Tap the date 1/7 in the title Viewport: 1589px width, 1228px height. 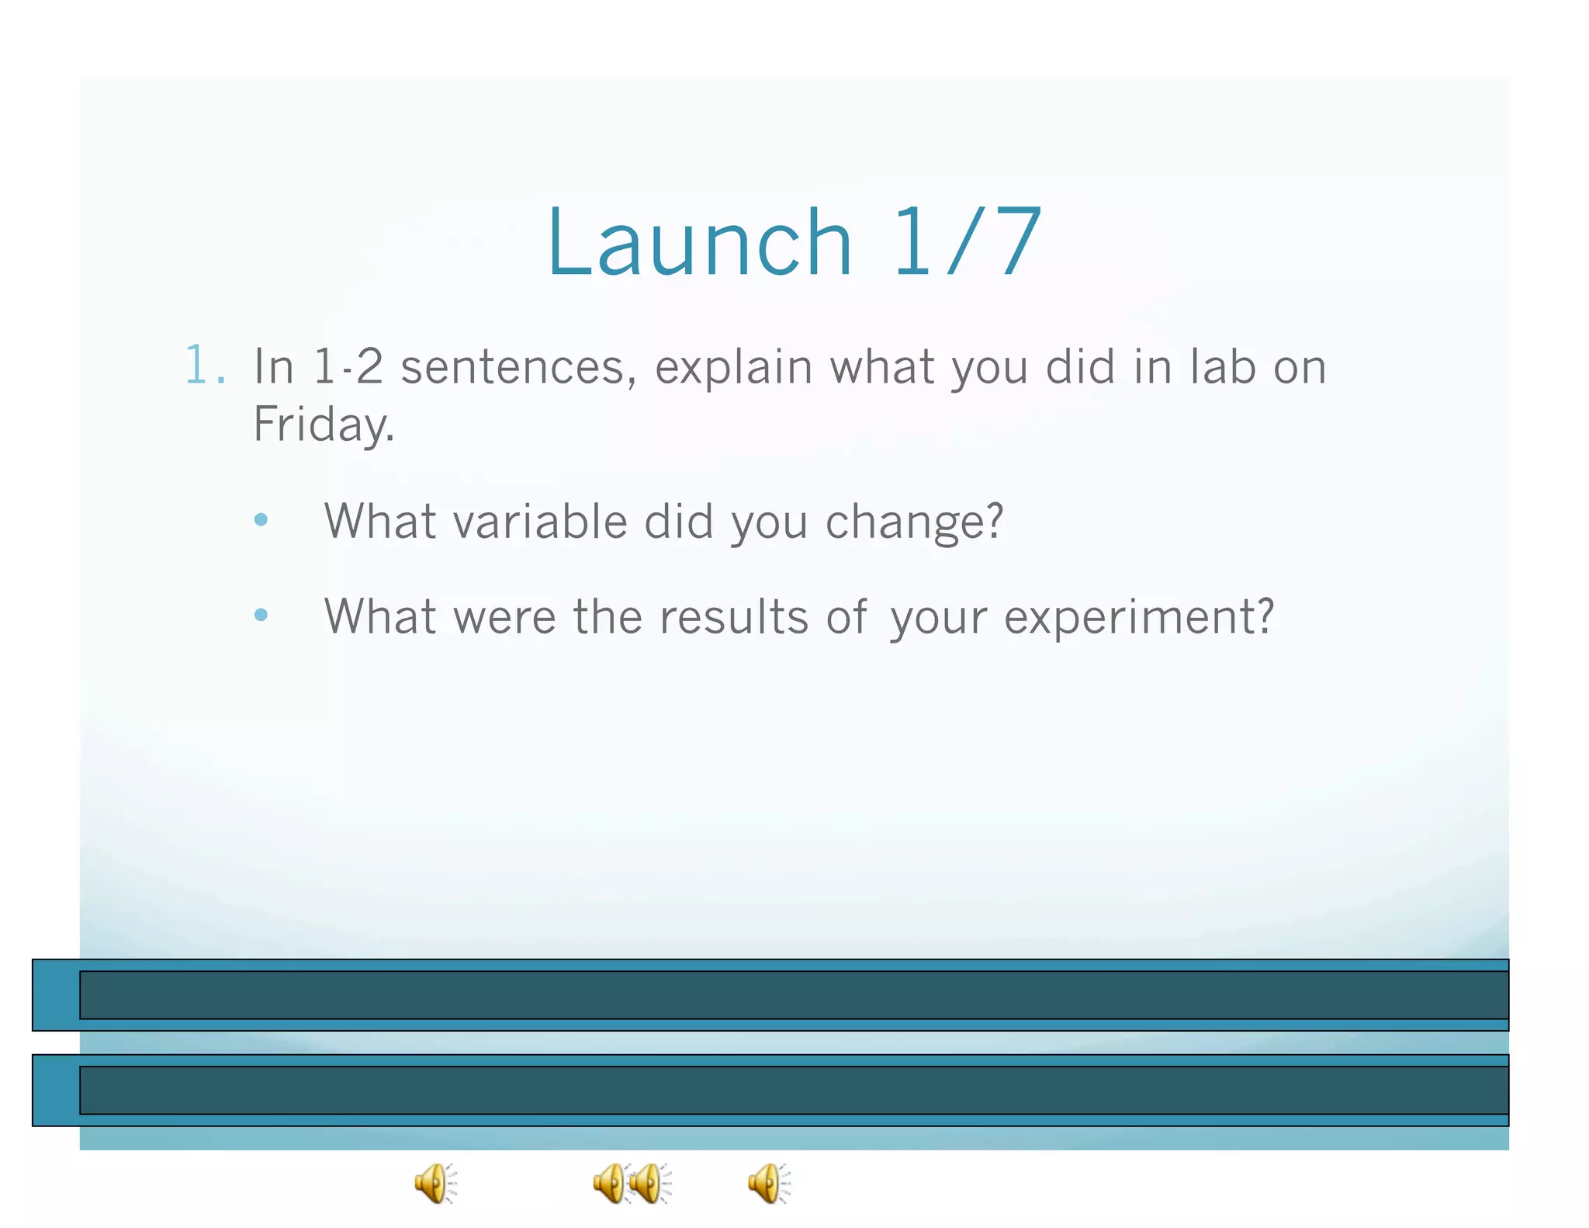coord(966,242)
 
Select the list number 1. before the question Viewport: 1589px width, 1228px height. coord(206,366)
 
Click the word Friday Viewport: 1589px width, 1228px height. coord(324,425)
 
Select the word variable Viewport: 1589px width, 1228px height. coord(540,522)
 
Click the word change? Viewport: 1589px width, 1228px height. coord(914,523)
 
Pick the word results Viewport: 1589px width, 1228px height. coord(734,618)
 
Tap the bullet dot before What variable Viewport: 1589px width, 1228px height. coord(261,520)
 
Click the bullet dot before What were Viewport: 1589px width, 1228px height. coord(261,616)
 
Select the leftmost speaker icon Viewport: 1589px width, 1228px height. coord(434,1184)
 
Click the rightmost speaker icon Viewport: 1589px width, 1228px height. coord(768,1184)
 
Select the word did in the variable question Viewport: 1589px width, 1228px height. coord(678,522)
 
